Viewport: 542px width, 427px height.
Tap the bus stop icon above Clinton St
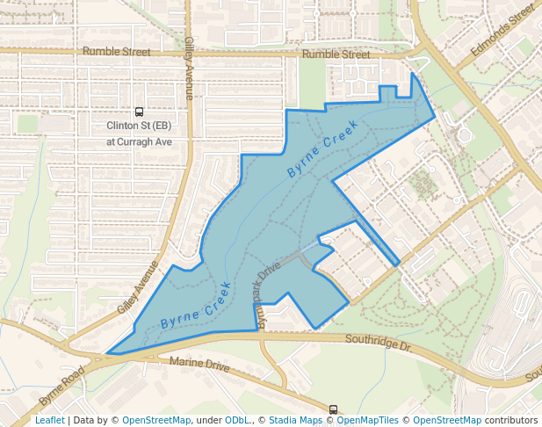(139, 112)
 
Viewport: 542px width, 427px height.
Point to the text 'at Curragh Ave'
(139, 141)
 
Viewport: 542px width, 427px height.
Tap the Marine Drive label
(200, 364)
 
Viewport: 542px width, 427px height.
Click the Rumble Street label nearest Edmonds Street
(336, 54)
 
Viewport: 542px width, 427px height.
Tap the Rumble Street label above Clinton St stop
(117, 52)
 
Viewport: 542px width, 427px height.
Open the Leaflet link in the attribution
(49, 421)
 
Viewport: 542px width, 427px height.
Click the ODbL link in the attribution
(237, 421)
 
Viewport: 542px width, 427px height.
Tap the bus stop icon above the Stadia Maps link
(333, 409)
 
